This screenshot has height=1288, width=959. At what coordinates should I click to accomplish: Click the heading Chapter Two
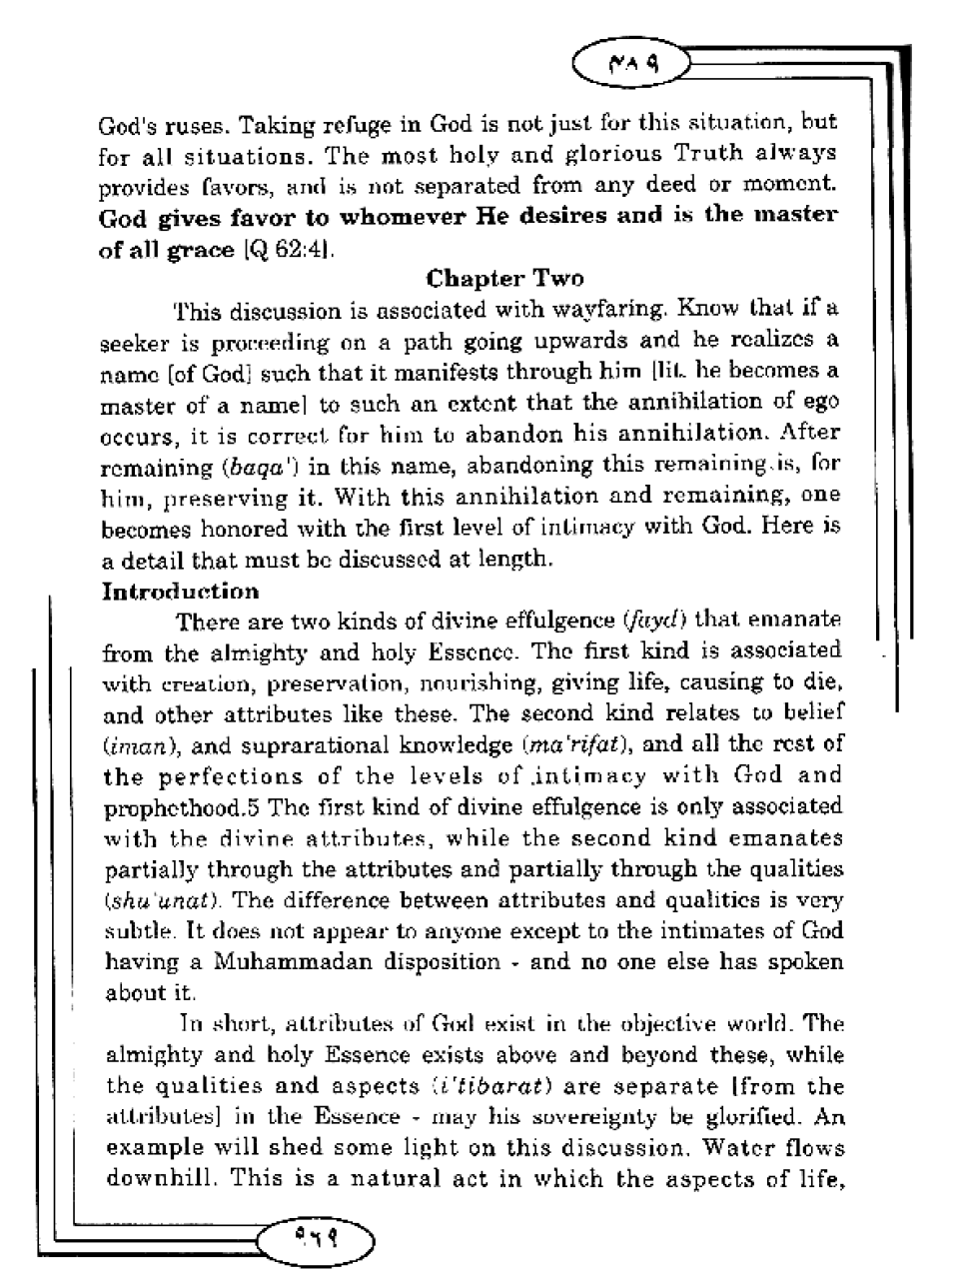(x=504, y=278)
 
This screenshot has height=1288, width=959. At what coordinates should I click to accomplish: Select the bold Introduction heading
(x=181, y=591)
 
